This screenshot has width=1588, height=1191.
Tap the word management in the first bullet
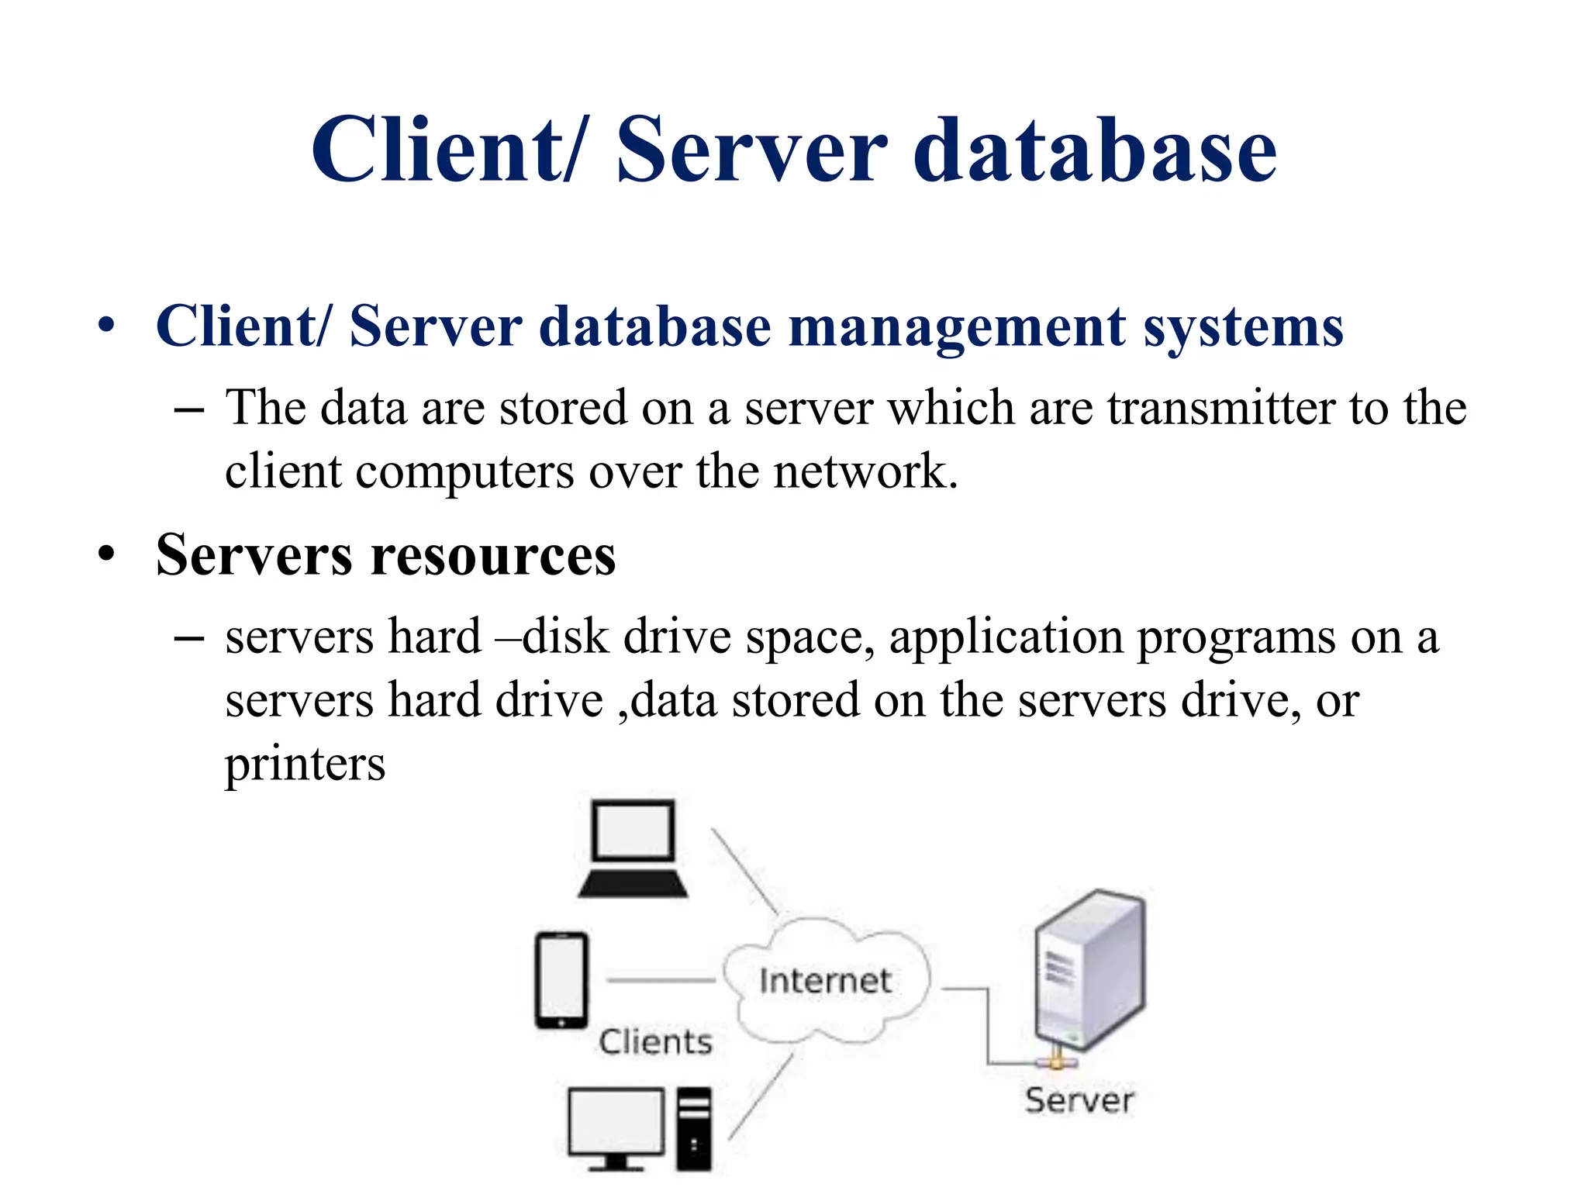(x=957, y=327)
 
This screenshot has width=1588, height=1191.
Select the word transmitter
(x=1220, y=408)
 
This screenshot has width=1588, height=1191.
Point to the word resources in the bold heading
(x=493, y=556)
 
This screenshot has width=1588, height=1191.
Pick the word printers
(x=305, y=765)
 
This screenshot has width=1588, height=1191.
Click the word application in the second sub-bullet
(x=1006, y=637)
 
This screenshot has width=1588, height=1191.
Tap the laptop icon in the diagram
(x=633, y=849)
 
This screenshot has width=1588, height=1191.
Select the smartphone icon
(x=561, y=980)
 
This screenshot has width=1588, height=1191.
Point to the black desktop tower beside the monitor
(x=694, y=1128)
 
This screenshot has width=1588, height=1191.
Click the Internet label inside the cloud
(x=825, y=982)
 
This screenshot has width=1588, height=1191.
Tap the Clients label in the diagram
(x=655, y=1042)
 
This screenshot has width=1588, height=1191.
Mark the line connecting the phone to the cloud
(x=661, y=981)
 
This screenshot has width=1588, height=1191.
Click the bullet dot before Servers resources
(x=106, y=555)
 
